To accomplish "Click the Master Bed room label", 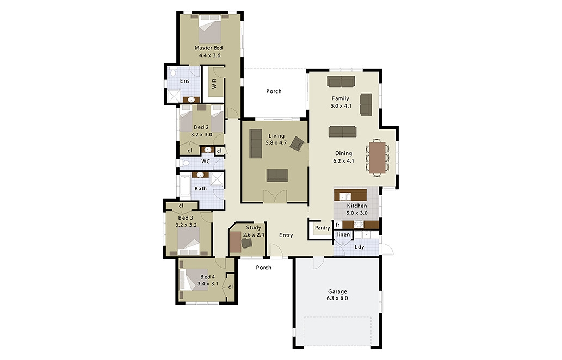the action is click(208, 48).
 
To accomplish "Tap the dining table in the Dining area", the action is click(378, 158).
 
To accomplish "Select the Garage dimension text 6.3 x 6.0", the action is click(337, 299).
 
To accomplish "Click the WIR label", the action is click(214, 84).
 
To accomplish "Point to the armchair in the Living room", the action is click(297, 144).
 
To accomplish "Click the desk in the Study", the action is click(236, 241).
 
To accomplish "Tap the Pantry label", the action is click(322, 228).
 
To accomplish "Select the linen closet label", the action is click(343, 234).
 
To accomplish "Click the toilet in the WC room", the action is click(184, 163).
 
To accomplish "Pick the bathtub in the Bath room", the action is click(184, 186).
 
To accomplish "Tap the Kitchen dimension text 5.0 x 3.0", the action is click(357, 213).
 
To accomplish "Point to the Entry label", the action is click(286, 235).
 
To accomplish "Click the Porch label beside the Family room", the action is click(274, 91).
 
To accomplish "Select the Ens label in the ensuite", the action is click(184, 81).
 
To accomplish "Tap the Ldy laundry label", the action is click(359, 247).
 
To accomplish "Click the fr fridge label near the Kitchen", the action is click(337, 225).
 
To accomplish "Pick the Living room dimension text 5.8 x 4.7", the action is click(276, 143).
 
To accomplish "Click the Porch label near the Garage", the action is click(264, 268).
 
